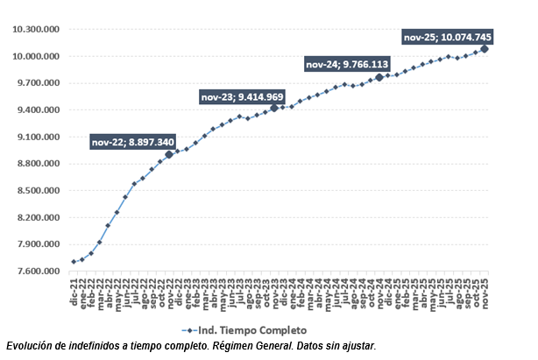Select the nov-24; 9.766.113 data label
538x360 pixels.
346,64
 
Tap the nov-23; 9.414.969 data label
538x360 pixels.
243,96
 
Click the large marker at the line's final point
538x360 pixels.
485,49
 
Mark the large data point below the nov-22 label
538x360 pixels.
169,154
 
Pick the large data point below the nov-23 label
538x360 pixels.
274,108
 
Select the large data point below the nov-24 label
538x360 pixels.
379,77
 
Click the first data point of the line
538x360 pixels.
73,262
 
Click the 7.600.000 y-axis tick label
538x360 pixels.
38,272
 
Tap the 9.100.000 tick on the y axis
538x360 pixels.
38,138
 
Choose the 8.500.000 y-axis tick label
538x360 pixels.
38,191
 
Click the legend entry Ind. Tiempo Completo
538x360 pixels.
249,330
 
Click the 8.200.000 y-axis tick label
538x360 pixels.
38,218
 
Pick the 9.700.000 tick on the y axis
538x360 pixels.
38,83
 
